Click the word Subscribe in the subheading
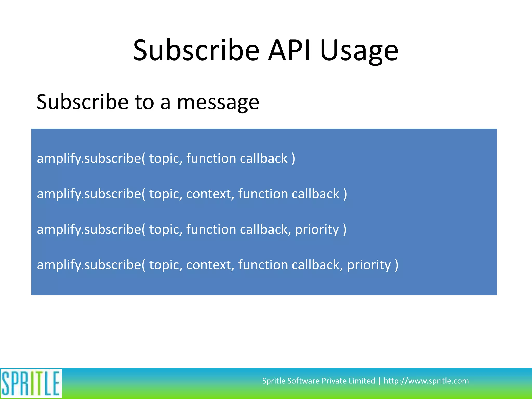82,102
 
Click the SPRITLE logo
31,383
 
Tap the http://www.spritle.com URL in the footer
426,381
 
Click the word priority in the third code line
317,230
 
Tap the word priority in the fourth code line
369,265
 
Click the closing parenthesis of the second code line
345,194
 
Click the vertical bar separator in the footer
379,381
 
